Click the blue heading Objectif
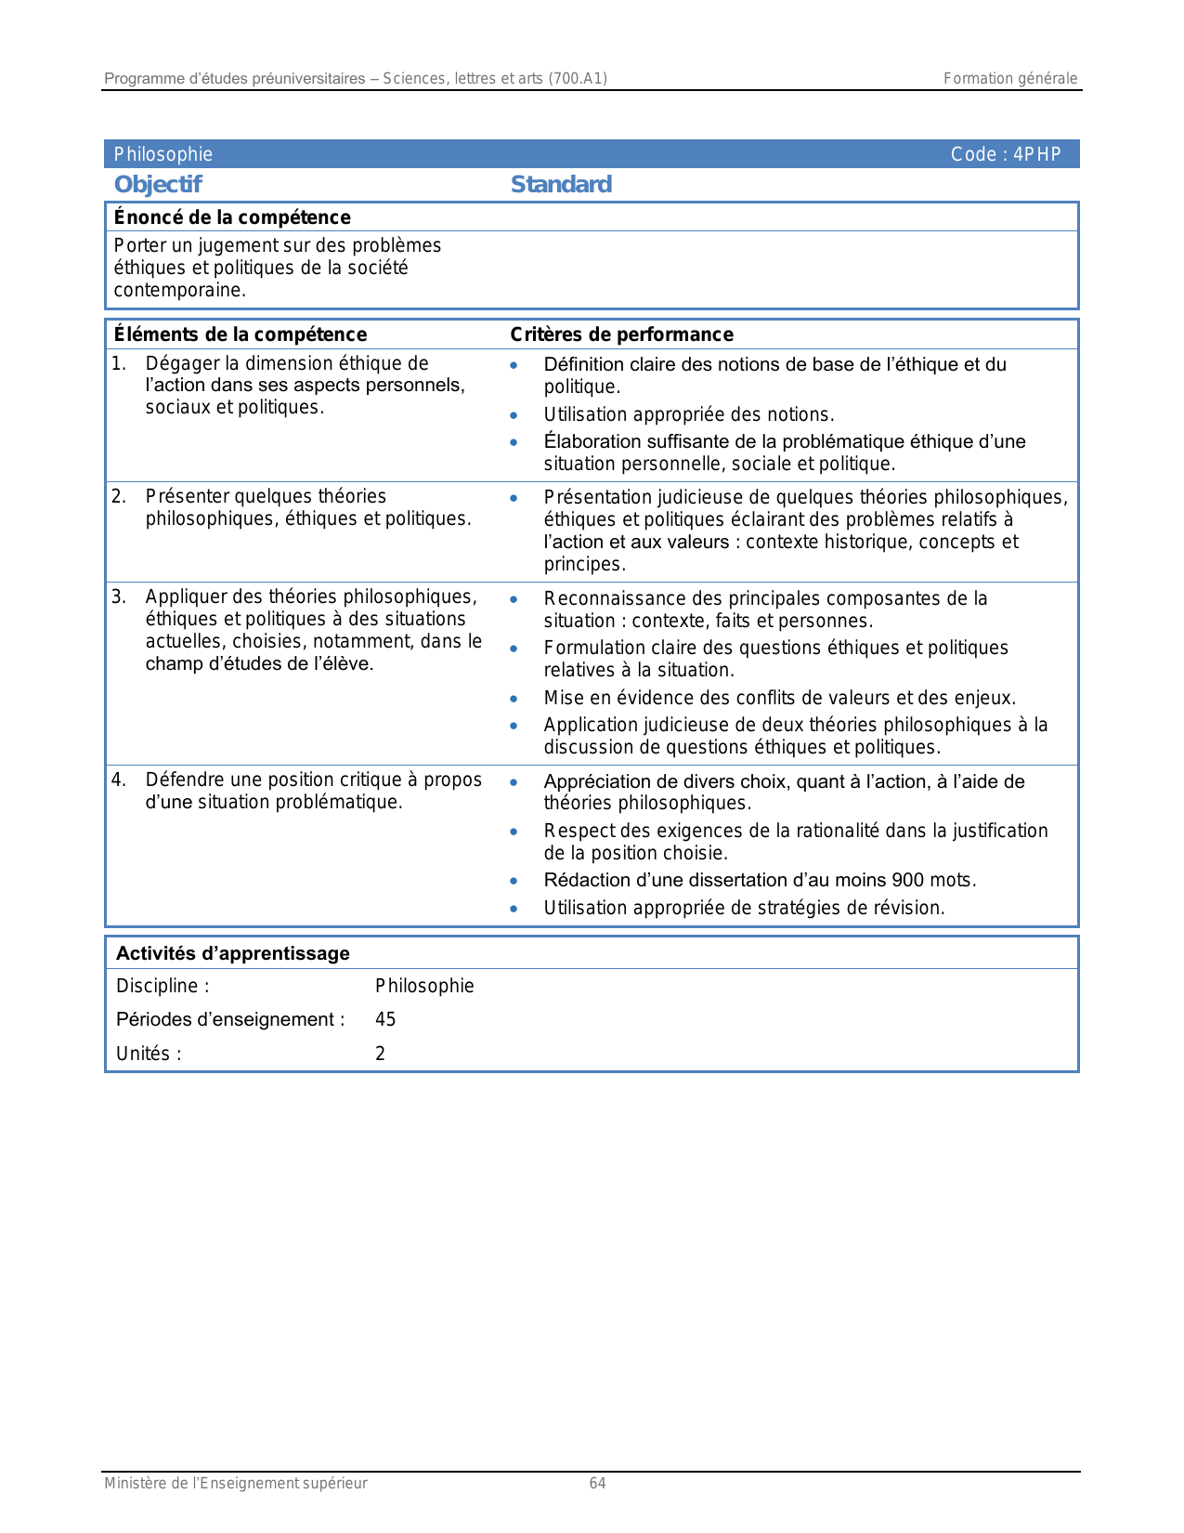(x=158, y=185)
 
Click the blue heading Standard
(x=561, y=185)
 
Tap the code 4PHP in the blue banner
(x=1036, y=155)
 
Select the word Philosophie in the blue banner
(x=163, y=155)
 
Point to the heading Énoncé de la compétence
(x=232, y=217)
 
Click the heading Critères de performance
(x=621, y=334)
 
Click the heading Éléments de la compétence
(x=240, y=334)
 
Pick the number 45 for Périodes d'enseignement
(x=385, y=1020)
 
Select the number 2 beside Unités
(x=380, y=1054)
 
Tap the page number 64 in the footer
(x=597, y=1484)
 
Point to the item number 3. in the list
(x=118, y=596)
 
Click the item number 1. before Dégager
(x=118, y=363)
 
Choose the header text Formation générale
(x=1010, y=79)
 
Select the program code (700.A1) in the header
(x=578, y=79)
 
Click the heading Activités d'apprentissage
(x=233, y=953)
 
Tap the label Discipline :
(x=163, y=987)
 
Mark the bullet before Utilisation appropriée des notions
(x=514, y=415)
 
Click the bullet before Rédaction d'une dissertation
(x=514, y=881)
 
